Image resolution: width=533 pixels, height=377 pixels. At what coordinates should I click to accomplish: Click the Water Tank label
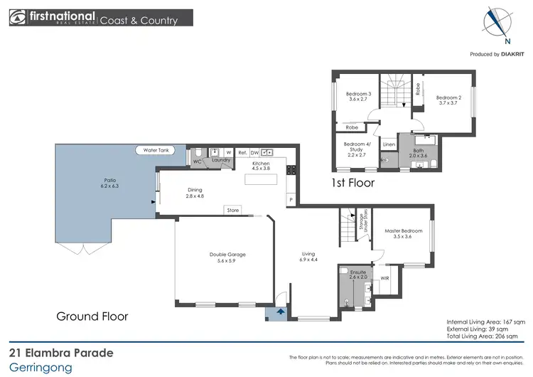click(156, 150)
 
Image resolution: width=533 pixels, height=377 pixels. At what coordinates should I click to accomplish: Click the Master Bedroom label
click(403, 233)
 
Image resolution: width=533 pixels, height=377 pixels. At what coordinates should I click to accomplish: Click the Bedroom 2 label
click(449, 100)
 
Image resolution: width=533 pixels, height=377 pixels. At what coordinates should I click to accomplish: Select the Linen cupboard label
click(389, 144)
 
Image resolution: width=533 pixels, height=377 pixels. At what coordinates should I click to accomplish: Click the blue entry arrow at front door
click(279, 310)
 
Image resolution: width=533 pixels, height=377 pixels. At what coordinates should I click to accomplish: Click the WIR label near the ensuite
click(384, 278)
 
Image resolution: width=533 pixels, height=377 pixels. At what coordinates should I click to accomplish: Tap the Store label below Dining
click(232, 211)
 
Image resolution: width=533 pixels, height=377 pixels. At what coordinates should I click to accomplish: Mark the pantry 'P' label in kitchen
click(290, 200)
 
